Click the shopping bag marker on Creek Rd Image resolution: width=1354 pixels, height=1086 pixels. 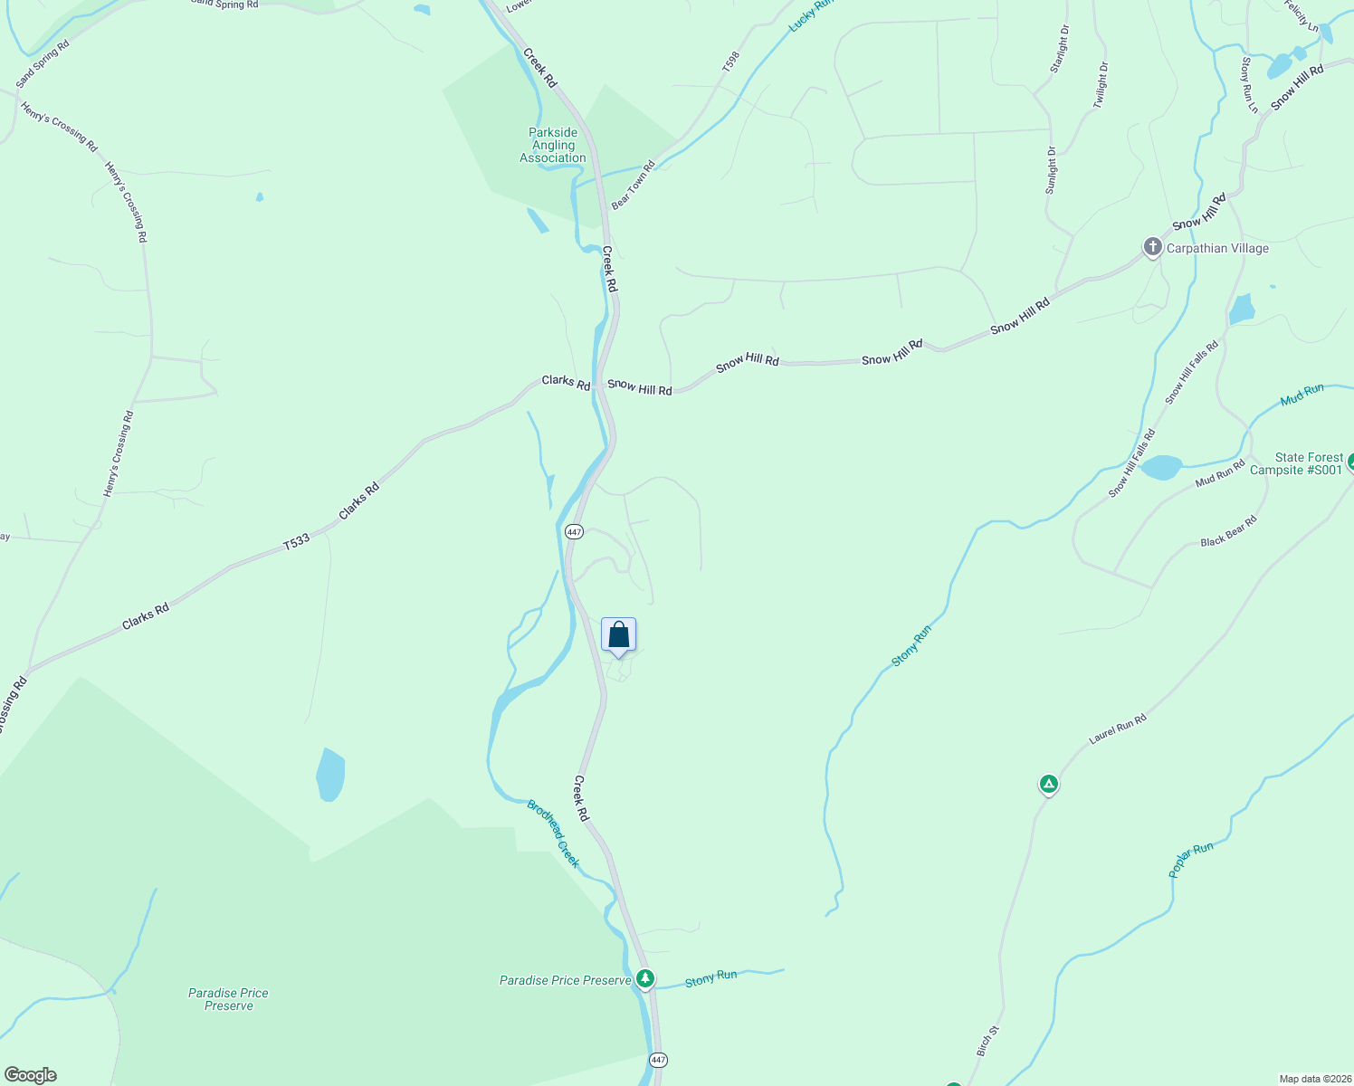618,635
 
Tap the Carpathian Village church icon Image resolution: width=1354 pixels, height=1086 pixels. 1152,247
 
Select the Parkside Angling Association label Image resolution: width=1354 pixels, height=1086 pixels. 553,145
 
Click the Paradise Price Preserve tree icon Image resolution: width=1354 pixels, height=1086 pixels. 644,978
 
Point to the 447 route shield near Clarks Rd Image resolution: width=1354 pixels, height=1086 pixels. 574,531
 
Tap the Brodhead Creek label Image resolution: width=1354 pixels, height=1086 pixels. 553,834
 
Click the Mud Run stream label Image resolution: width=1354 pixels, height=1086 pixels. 1302,395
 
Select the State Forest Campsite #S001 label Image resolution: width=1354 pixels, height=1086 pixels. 1309,463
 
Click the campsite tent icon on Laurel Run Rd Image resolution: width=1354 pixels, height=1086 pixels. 1048,784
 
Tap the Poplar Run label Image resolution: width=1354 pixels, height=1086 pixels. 1190,860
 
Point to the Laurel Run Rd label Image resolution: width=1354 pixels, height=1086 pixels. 1117,729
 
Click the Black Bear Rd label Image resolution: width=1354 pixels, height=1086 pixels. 1228,531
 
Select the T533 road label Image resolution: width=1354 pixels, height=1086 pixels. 296,542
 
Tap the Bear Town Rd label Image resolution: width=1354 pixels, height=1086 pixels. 633,186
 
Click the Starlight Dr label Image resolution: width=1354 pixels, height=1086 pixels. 1059,49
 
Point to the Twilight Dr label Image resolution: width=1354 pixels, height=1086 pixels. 1100,85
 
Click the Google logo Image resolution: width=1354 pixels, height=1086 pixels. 31,1075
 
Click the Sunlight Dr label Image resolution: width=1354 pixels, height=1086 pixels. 1051,170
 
